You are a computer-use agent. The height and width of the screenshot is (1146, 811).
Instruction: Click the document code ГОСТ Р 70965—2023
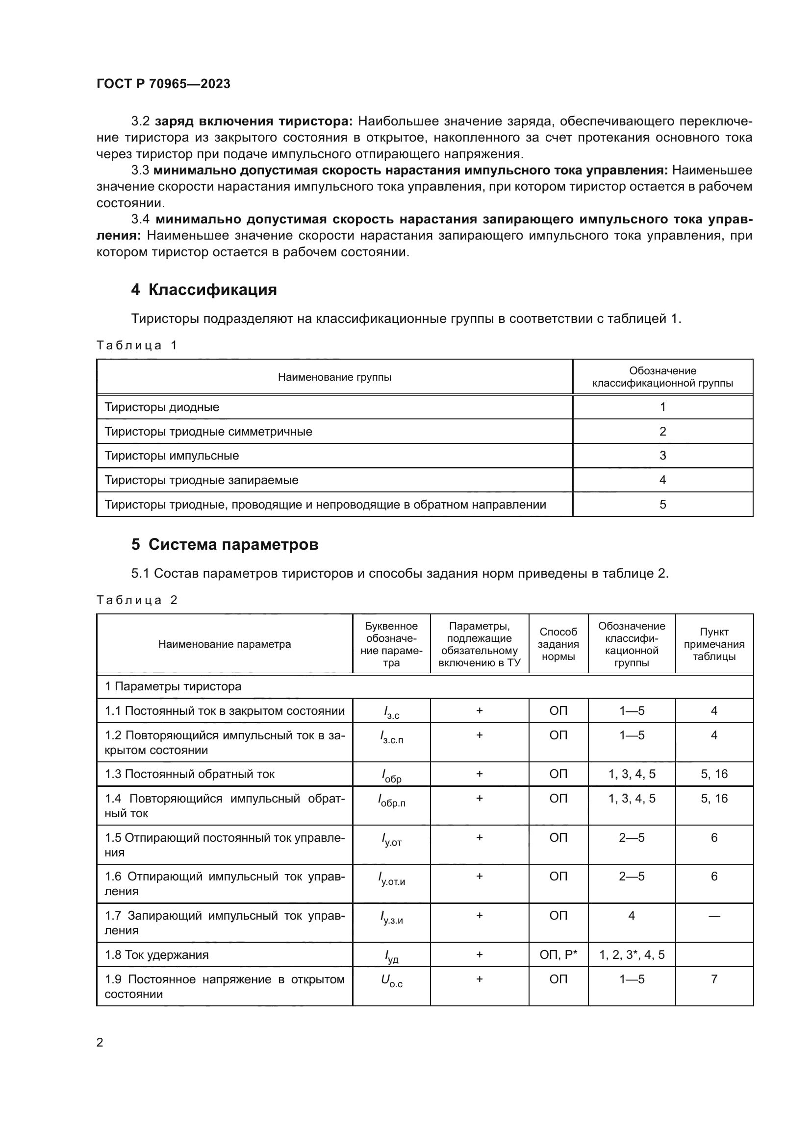[163, 84]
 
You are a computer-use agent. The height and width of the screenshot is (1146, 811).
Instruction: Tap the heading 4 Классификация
[204, 290]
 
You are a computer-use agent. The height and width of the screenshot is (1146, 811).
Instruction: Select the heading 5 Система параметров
[225, 544]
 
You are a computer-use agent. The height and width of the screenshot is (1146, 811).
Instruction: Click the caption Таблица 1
[137, 345]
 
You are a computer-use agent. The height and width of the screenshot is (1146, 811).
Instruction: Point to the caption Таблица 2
[137, 600]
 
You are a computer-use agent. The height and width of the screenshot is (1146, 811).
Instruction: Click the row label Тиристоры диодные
[162, 407]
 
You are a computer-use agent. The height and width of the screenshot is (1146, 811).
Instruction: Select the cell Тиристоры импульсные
[172, 455]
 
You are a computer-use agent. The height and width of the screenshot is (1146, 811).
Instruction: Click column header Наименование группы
[334, 377]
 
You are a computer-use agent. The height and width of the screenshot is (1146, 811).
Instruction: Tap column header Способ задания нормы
[558, 644]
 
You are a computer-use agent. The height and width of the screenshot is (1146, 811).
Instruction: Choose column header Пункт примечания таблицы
[713, 644]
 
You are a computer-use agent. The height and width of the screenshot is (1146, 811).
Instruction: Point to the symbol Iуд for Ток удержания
[391, 956]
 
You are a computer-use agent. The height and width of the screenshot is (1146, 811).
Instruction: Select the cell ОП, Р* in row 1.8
[558, 955]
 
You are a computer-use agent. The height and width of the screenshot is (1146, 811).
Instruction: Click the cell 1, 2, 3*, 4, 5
[631, 955]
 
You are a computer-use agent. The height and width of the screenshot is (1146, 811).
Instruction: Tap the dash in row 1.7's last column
[713, 916]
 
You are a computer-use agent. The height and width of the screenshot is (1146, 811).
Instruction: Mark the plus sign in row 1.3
[479, 774]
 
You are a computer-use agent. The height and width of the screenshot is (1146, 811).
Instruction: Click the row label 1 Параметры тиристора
[173, 686]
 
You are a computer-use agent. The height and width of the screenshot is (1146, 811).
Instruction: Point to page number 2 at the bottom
[100, 1042]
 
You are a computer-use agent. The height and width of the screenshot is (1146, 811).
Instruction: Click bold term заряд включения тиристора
[253, 122]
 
